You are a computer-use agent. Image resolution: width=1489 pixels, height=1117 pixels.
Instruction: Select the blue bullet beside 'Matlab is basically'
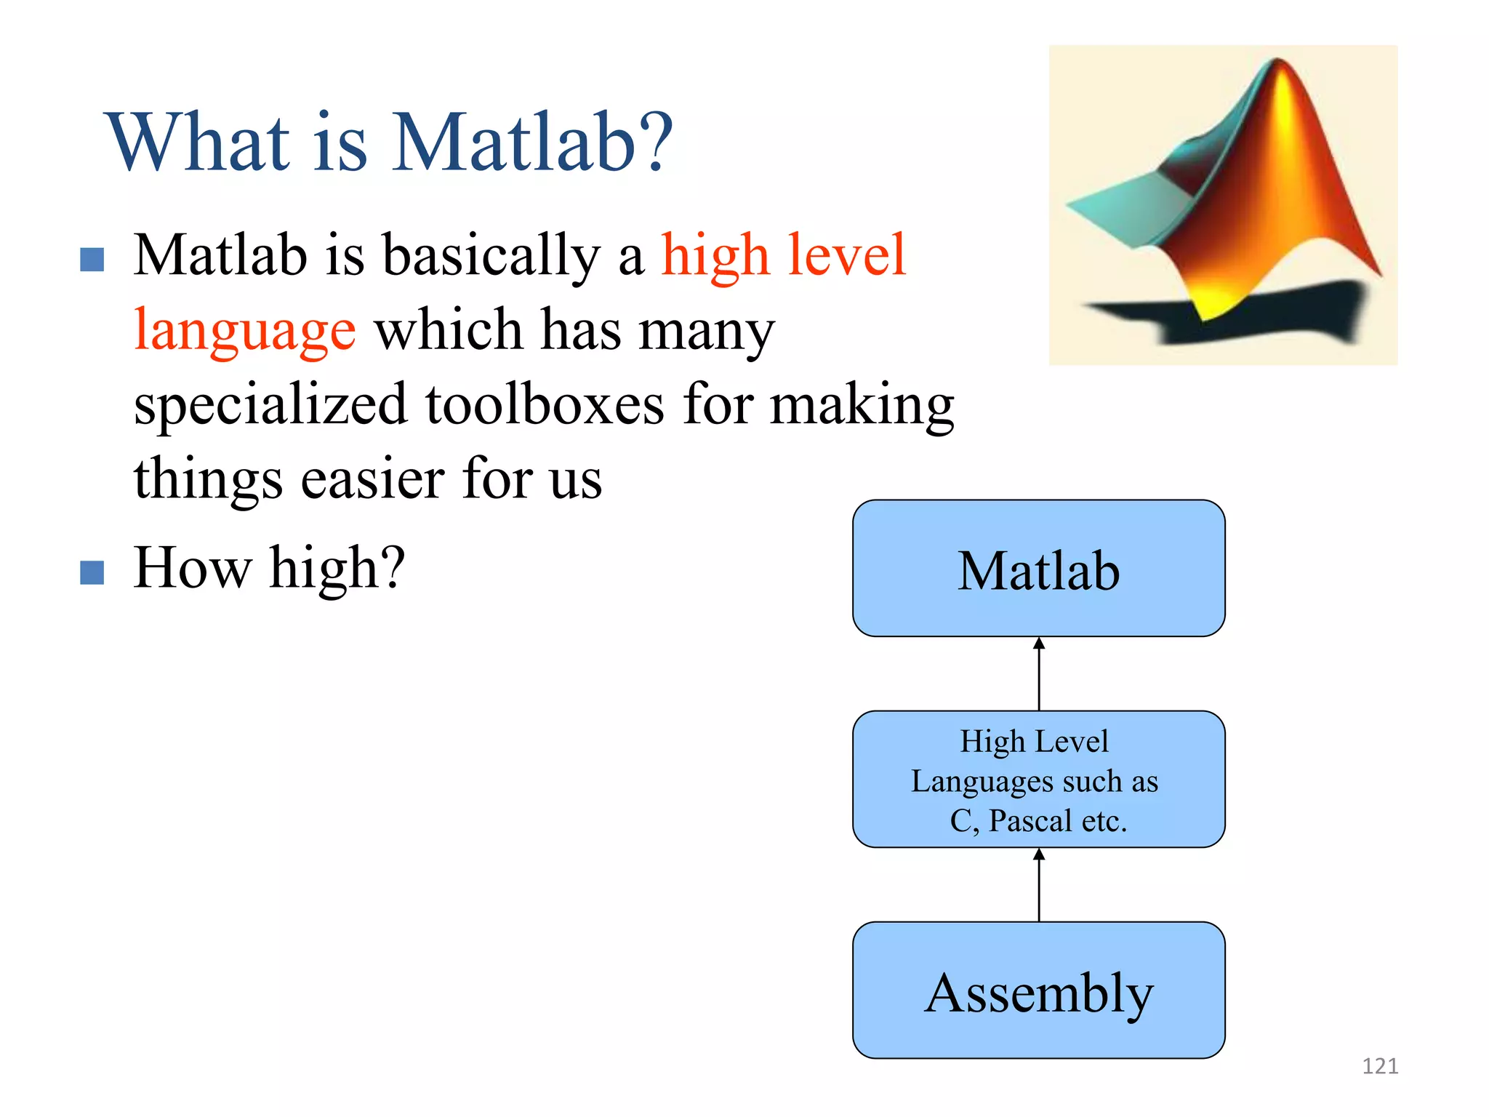click(92, 260)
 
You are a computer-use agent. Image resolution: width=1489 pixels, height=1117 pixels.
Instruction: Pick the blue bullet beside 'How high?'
click(92, 572)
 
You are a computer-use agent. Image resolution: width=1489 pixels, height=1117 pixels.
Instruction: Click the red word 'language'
click(245, 332)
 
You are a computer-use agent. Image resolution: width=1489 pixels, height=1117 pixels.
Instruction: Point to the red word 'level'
click(846, 255)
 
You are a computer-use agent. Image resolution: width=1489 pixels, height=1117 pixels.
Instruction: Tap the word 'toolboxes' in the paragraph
click(544, 405)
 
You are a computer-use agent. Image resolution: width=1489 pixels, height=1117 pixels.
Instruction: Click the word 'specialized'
click(270, 405)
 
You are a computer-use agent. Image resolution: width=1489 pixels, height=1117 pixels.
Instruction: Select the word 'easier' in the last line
click(372, 479)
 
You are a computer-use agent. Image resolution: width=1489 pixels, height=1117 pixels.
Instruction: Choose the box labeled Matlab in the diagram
click(1038, 569)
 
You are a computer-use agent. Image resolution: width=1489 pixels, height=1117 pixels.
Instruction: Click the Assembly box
click(1038, 990)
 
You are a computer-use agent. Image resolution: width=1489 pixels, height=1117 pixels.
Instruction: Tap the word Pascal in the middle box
click(1030, 821)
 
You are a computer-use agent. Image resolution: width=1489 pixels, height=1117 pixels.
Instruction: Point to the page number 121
click(1379, 1066)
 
